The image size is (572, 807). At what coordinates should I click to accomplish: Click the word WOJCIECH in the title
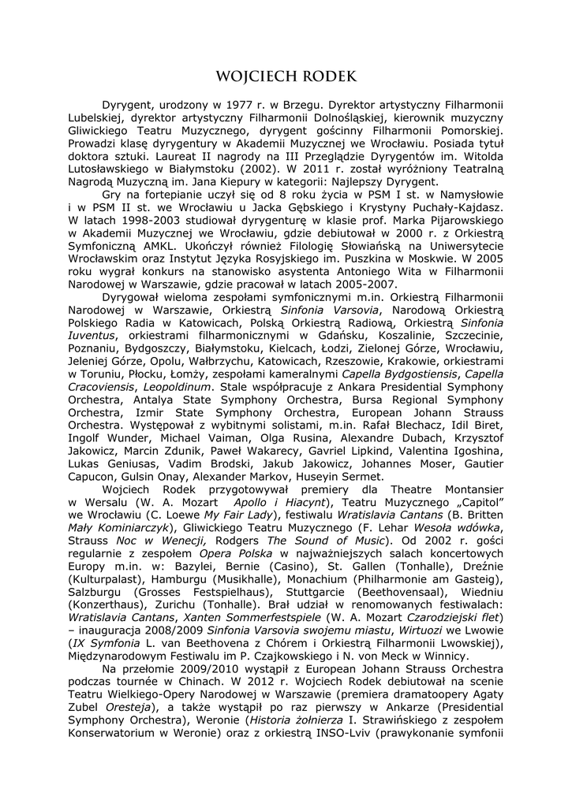pyautogui.click(x=255, y=76)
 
